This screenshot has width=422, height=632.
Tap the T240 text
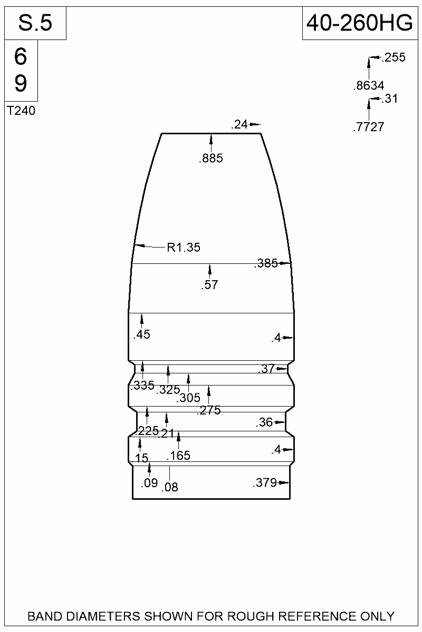(x=21, y=111)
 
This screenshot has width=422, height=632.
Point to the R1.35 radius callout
(x=184, y=248)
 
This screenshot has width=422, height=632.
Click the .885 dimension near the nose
(x=211, y=159)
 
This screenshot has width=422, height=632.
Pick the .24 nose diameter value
(x=239, y=124)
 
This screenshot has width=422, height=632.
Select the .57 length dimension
(x=210, y=285)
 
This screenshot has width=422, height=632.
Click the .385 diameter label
(x=266, y=263)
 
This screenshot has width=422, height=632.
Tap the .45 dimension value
(x=141, y=334)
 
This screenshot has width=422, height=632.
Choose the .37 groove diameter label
(x=266, y=369)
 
